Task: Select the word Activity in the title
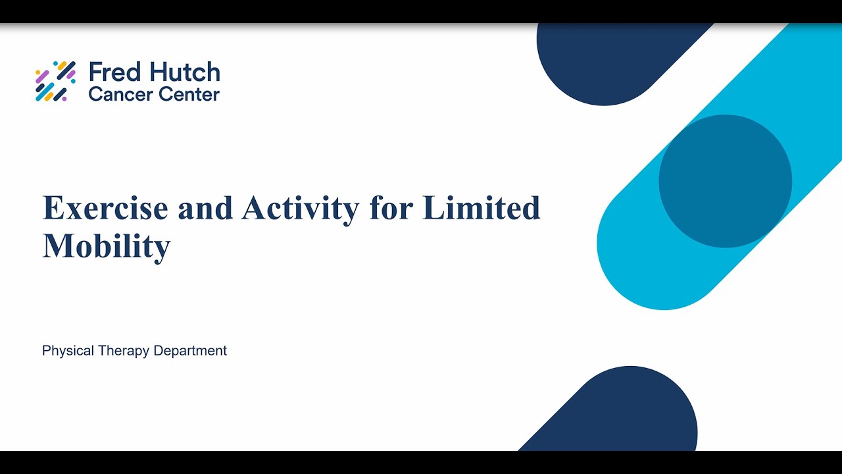[x=300, y=208]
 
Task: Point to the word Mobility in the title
[x=107, y=246]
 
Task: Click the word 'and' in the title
[x=205, y=208]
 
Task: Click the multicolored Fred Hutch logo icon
[x=55, y=81]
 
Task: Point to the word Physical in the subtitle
[x=68, y=351]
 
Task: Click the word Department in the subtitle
[x=190, y=351]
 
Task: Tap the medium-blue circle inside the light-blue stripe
[x=725, y=181]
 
